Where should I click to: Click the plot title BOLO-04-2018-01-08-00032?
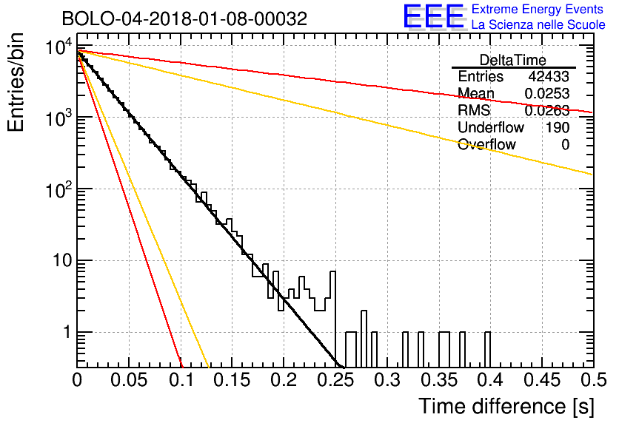click(184, 18)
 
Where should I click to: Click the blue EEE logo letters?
click(433, 17)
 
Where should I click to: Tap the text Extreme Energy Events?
click(538, 10)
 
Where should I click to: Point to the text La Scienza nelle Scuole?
click(538, 24)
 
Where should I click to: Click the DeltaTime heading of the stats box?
click(513, 60)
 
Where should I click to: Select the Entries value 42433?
click(549, 77)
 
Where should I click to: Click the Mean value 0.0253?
click(547, 94)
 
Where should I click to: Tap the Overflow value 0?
click(565, 145)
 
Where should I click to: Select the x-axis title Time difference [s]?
click(506, 406)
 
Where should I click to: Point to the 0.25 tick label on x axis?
click(335, 381)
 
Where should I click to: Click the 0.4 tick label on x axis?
click(490, 381)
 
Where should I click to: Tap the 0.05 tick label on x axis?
click(129, 381)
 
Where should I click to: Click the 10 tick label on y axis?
click(59, 261)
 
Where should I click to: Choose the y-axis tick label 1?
click(64, 333)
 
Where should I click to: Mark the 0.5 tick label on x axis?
click(592, 381)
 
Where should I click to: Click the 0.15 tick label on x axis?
click(232, 381)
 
